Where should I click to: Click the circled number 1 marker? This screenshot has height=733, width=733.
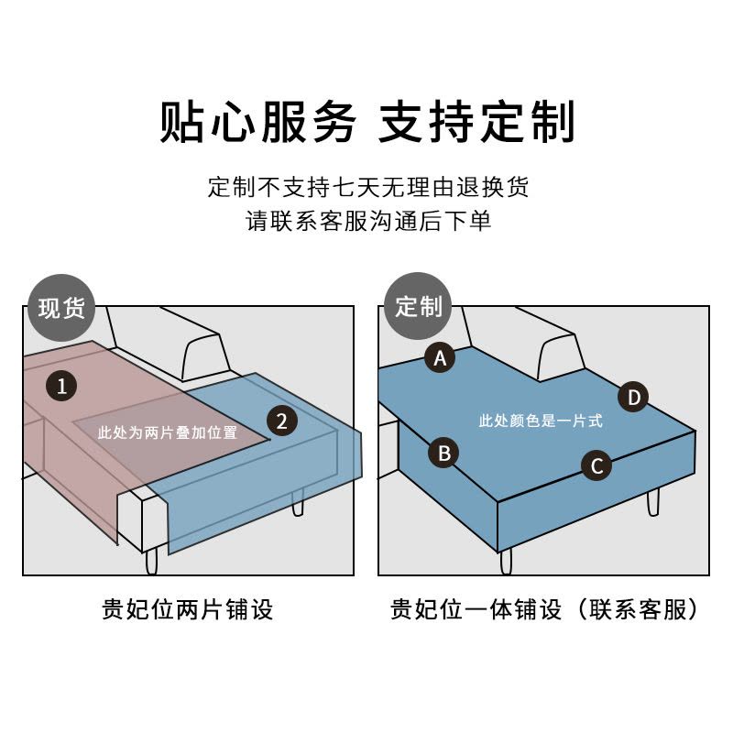(x=61, y=386)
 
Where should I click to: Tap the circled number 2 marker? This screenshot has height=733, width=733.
(x=282, y=421)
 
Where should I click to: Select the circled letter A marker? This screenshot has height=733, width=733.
(x=441, y=357)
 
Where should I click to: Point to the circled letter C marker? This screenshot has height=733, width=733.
(x=596, y=465)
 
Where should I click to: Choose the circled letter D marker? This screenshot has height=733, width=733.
(x=633, y=398)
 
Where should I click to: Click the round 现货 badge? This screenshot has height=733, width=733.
(x=61, y=307)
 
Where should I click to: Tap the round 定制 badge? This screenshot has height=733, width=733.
(x=418, y=307)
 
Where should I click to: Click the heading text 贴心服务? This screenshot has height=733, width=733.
(x=257, y=122)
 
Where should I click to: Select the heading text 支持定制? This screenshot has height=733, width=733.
(x=476, y=122)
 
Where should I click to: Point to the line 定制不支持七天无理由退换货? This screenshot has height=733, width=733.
(x=367, y=187)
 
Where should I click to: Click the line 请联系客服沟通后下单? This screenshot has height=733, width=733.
(x=367, y=222)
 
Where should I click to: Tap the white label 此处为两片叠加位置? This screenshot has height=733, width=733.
(x=167, y=432)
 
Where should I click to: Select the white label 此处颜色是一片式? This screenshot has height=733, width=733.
(x=541, y=421)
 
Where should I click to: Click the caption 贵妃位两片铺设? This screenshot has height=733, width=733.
(x=187, y=609)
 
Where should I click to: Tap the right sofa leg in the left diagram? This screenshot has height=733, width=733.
(x=297, y=500)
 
